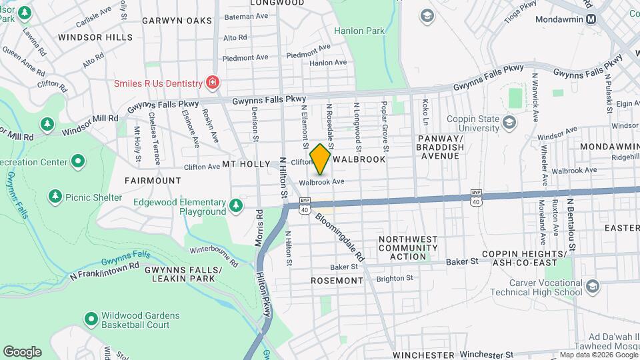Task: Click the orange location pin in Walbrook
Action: tap(321, 159)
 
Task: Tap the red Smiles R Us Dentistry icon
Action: tap(213, 83)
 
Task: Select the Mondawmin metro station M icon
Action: tap(591, 19)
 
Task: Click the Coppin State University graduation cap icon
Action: tap(510, 121)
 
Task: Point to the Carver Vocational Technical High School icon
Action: tap(593, 287)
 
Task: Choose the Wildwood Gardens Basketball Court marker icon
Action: tap(91, 320)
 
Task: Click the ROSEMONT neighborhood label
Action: tap(337, 281)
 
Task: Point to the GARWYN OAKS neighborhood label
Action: tap(177, 21)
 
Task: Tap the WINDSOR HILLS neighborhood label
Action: tap(95, 37)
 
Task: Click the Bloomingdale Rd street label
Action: tap(341, 237)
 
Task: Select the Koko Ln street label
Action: tap(425, 113)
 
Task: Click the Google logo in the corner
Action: tap(22, 352)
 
